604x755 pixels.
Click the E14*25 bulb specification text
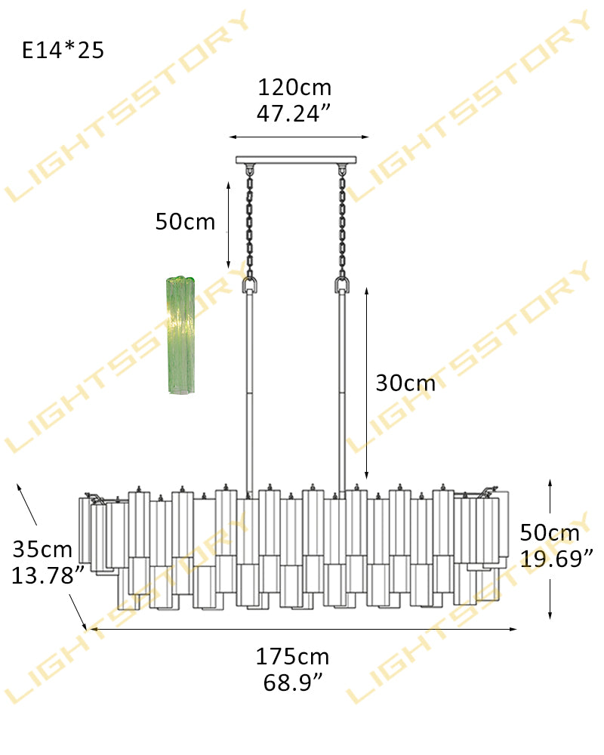point(63,50)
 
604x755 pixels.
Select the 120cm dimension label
point(294,87)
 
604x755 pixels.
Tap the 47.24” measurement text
point(294,114)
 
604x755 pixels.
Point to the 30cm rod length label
point(405,383)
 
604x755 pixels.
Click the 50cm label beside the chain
point(185,221)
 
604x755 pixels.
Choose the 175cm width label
point(292,656)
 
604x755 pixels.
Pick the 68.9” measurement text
point(293,683)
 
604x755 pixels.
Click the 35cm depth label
point(42,549)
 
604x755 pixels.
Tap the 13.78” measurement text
point(48,575)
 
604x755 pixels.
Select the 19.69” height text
point(556,559)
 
